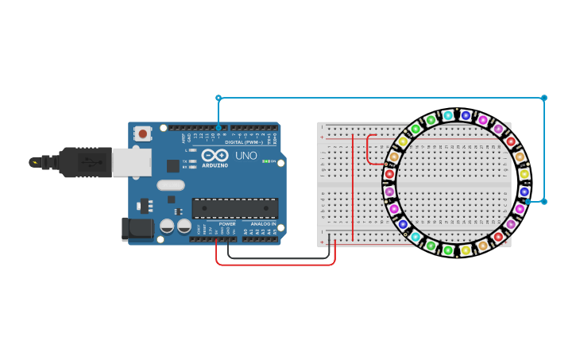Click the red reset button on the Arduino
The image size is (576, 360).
(143, 134)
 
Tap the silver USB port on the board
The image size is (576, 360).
(131, 162)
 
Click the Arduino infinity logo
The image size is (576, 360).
(215, 155)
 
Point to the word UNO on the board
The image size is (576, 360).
(245, 156)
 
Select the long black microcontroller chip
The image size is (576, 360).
(234, 208)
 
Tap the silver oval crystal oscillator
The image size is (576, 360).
(171, 185)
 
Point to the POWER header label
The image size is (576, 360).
(227, 224)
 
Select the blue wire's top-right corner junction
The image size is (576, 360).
(544, 98)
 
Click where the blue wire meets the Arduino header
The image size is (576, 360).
(218, 127)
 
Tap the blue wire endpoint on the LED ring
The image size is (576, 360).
(528, 201)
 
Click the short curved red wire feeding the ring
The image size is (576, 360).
(369, 151)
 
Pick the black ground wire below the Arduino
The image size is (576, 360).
(278, 258)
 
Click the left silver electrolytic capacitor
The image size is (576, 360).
(168, 226)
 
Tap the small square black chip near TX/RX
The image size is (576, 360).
(172, 165)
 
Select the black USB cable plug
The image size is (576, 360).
(83, 162)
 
